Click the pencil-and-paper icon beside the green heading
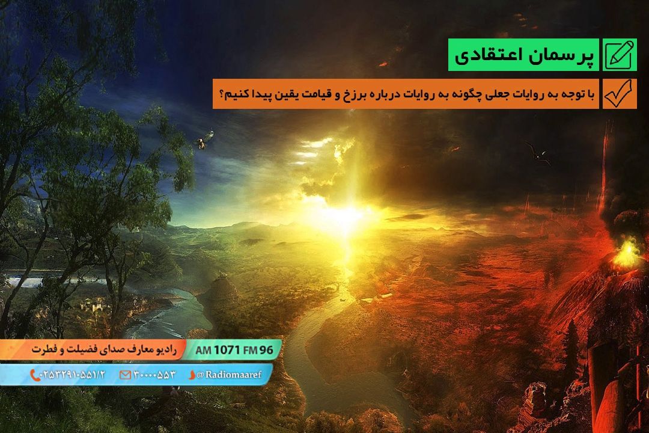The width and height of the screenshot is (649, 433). pyautogui.click(x=619, y=55)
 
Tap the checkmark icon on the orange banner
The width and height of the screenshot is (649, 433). pyautogui.click(x=618, y=93)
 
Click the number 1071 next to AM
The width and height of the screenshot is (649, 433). pyautogui.click(x=227, y=350)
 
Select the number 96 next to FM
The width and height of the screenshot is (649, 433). pyautogui.click(x=266, y=350)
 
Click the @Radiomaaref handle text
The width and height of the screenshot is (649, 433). pyautogui.click(x=229, y=375)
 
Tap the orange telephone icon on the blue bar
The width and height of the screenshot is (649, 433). pyautogui.click(x=34, y=375)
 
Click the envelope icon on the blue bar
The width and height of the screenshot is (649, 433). pyautogui.click(x=125, y=375)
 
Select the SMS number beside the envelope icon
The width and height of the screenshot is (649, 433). pyautogui.click(x=154, y=375)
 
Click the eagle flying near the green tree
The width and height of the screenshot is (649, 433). pyautogui.click(x=204, y=140)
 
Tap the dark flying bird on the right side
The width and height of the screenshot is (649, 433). pyautogui.click(x=538, y=153)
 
